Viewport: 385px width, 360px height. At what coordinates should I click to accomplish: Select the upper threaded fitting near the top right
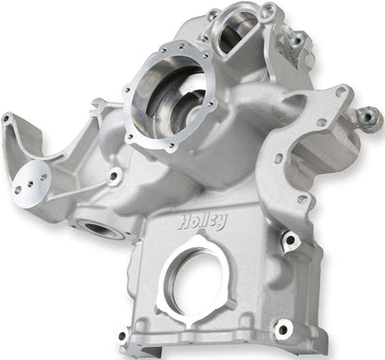pos(298,39)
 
